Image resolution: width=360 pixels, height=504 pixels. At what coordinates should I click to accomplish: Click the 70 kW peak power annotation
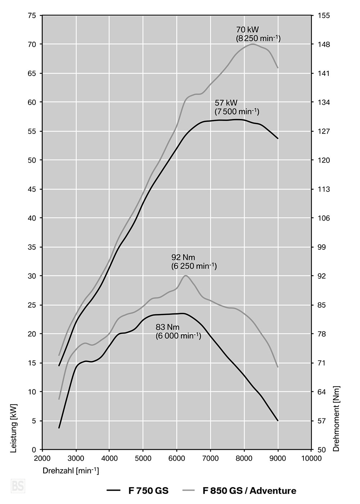(x=258, y=33)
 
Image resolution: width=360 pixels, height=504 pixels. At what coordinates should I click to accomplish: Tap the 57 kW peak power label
(x=237, y=107)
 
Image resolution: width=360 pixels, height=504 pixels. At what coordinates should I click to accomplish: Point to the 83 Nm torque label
(x=178, y=331)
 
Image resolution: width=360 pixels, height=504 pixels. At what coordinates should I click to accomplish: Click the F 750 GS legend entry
(x=138, y=490)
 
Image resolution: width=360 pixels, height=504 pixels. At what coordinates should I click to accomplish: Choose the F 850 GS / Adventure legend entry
(x=239, y=490)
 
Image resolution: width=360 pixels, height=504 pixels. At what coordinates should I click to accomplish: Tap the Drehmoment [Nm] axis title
(x=336, y=418)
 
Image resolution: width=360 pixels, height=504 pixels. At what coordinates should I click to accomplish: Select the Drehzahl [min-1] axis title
(x=71, y=471)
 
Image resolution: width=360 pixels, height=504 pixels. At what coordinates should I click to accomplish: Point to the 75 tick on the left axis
(x=32, y=15)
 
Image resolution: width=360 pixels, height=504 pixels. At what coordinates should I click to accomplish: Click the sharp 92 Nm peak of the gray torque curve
(x=185, y=276)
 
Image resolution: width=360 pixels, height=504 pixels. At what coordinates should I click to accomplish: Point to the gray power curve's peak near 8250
(x=253, y=44)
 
